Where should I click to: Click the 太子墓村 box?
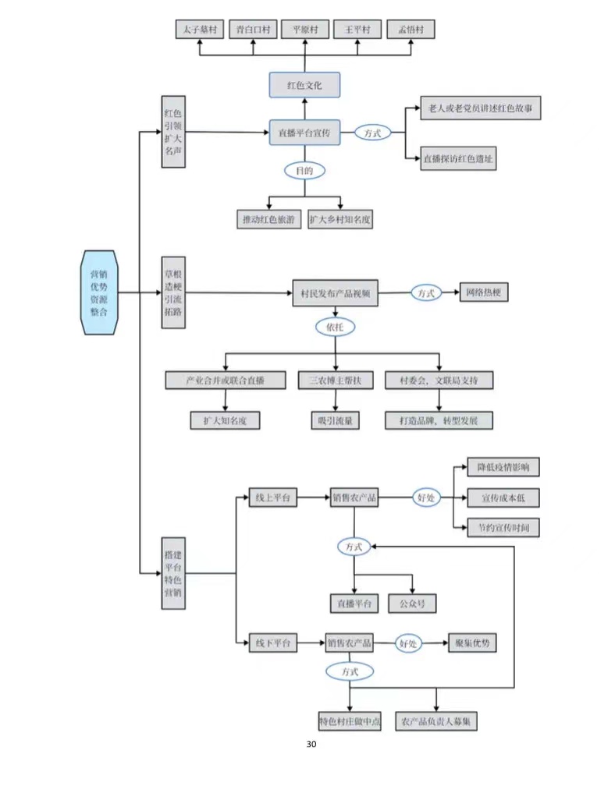[198, 30]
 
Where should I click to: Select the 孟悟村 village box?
[411, 30]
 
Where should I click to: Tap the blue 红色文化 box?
[304, 84]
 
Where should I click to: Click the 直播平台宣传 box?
[304, 133]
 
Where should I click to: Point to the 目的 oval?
[304, 170]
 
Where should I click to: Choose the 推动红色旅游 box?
[268, 220]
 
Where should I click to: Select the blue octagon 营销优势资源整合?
[100, 292]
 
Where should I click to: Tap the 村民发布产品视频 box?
[335, 293]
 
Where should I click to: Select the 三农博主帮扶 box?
[336, 381]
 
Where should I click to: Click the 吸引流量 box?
[335, 420]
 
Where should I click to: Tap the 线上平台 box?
[271, 497]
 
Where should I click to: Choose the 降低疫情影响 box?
[503, 467]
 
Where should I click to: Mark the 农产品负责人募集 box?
[437, 721]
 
